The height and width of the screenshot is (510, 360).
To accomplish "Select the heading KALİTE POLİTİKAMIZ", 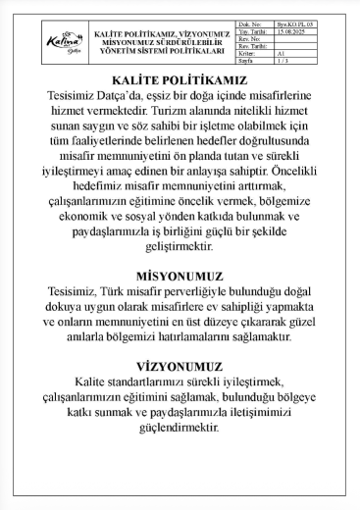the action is pos(179,78).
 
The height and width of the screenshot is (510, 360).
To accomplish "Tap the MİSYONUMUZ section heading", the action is pos(179,278).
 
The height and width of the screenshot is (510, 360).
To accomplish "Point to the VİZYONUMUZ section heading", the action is pos(179,367).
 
